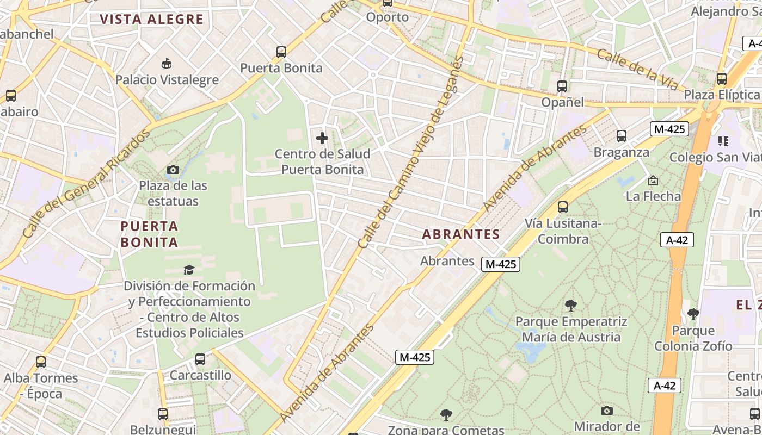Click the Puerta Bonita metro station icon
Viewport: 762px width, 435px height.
[x=281, y=52]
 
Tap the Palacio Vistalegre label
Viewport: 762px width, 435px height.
[x=167, y=80]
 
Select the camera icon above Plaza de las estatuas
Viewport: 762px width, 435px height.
[x=173, y=170]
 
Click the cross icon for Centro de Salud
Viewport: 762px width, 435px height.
[x=322, y=138]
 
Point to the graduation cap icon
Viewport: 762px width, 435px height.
[x=189, y=270]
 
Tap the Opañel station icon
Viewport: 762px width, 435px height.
[x=562, y=86]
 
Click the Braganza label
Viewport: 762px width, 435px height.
[x=621, y=152]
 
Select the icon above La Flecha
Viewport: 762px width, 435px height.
[x=653, y=180]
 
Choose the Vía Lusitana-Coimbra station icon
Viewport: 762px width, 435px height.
[x=563, y=207]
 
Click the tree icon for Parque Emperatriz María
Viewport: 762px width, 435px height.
[x=571, y=306]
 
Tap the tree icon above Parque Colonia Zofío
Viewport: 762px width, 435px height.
[x=693, y=314]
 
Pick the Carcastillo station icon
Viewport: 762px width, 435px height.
[x=200, y=359]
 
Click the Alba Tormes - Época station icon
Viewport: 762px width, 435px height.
[x=41, y=362]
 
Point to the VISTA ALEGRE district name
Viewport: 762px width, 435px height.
[x=151, y=20]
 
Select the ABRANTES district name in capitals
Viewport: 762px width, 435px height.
[x=461, y=234]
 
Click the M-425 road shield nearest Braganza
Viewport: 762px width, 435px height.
[x=669, y=129]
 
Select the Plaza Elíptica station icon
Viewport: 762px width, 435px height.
[x=722, y=79]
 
